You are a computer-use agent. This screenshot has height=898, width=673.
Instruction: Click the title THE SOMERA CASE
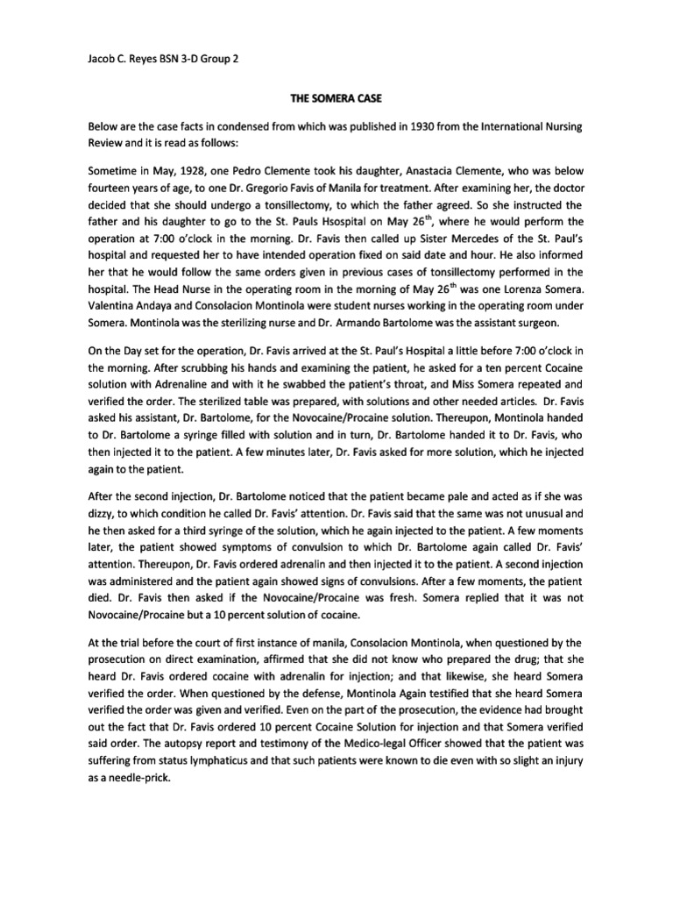click(336, 102)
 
